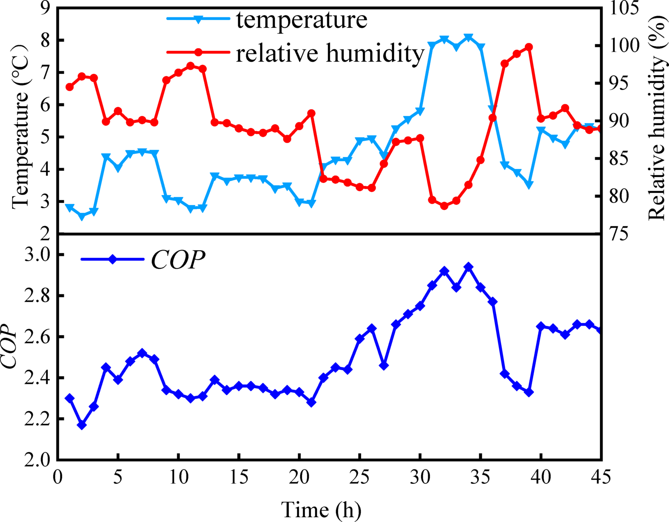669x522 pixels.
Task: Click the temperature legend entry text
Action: pos(302,20)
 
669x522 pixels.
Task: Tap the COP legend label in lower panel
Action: pos(178,260)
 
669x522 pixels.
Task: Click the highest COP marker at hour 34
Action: pos(468,267)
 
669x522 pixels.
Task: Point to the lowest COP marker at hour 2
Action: pos(82,425)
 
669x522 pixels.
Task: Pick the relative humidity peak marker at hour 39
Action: pos(529,47)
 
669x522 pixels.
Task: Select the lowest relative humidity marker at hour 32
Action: pos(444,206)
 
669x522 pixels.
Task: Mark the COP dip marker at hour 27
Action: pos(384,366)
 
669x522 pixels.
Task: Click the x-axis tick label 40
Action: pos(541,477)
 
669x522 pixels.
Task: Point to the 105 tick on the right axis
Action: pos(625,9)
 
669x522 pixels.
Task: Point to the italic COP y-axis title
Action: pos(10,347)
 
